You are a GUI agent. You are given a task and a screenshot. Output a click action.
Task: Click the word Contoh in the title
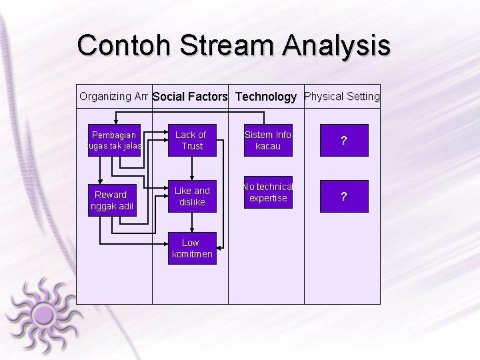[124, 46]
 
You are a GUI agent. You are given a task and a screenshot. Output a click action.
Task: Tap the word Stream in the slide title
[226, 46]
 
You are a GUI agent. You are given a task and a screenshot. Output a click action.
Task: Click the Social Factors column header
[190, 97]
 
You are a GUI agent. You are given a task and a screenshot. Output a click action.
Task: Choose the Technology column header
[266, 97]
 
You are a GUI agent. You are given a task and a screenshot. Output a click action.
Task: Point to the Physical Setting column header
[342, 96]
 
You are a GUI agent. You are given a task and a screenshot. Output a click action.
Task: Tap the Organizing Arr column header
[114, 96]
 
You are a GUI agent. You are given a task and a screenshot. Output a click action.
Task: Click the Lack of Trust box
[192, 140]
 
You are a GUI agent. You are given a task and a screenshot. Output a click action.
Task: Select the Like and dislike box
[192, 196]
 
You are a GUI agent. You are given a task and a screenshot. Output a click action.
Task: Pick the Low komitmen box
[192, 248]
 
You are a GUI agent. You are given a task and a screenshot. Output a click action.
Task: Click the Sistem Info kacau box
[268, 140]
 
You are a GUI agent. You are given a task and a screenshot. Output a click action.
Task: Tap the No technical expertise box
[268, 193]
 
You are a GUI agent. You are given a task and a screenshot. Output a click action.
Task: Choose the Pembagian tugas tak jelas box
[115, 140]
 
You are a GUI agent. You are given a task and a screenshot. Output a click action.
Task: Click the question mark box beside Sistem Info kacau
[344, 141]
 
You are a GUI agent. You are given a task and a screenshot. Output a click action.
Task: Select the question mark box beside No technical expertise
[344, 197]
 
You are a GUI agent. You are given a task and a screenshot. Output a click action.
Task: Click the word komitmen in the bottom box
[192, 254]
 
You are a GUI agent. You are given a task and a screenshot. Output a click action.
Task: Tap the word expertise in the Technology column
[268, 198]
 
